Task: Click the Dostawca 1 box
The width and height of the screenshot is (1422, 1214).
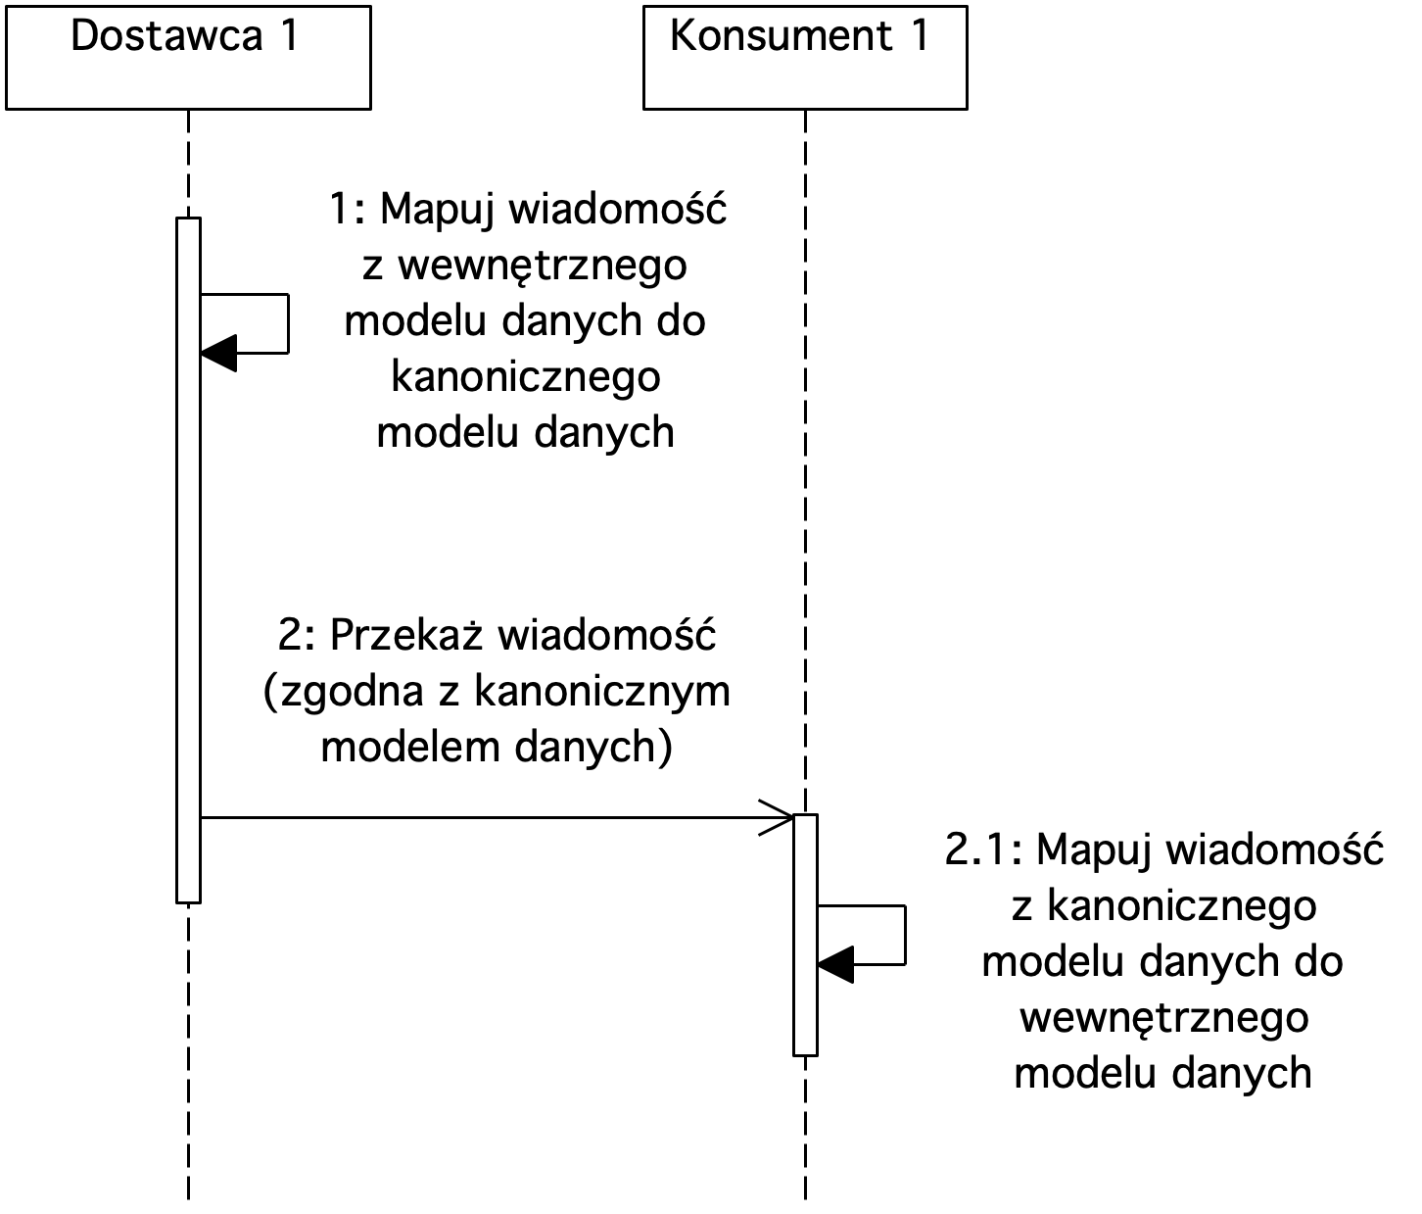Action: pyautogui.click(x=188, y=58)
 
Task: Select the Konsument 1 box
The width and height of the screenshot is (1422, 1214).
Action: pyautogui.click(x=805, y=58)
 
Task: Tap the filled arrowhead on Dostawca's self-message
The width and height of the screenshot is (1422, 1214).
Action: pyautogui.click(x=218, y=354)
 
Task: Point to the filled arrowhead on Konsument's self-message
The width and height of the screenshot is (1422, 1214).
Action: pyautogui.click(x=835, y=964)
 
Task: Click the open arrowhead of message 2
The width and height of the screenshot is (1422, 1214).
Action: pyautogui.click(x=778, y=817)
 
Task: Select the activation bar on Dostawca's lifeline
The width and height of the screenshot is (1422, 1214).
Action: pyautogui.click(x=188, y=560)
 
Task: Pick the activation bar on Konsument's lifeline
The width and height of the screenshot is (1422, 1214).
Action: pyautogui.click(x=806, y=935)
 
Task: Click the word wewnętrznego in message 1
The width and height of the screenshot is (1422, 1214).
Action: pyautogui.click(x=543, y=266)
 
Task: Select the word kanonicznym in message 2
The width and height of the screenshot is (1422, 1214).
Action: pyautogui.click(x=602, y=691)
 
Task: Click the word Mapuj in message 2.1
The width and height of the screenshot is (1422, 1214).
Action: pyautogui.click(x=1094, y=850)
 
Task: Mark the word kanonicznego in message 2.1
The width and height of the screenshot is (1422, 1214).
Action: pyautogui.click(x=1182, y=907)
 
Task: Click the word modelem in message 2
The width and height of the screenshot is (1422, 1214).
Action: pyautogui.click(x=410, y=747)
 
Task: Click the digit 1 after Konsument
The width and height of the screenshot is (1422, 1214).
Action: pyautogui.click(x=920, y=36)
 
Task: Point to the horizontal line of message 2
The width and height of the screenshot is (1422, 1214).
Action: pyautogui.click(x=497, y=817)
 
